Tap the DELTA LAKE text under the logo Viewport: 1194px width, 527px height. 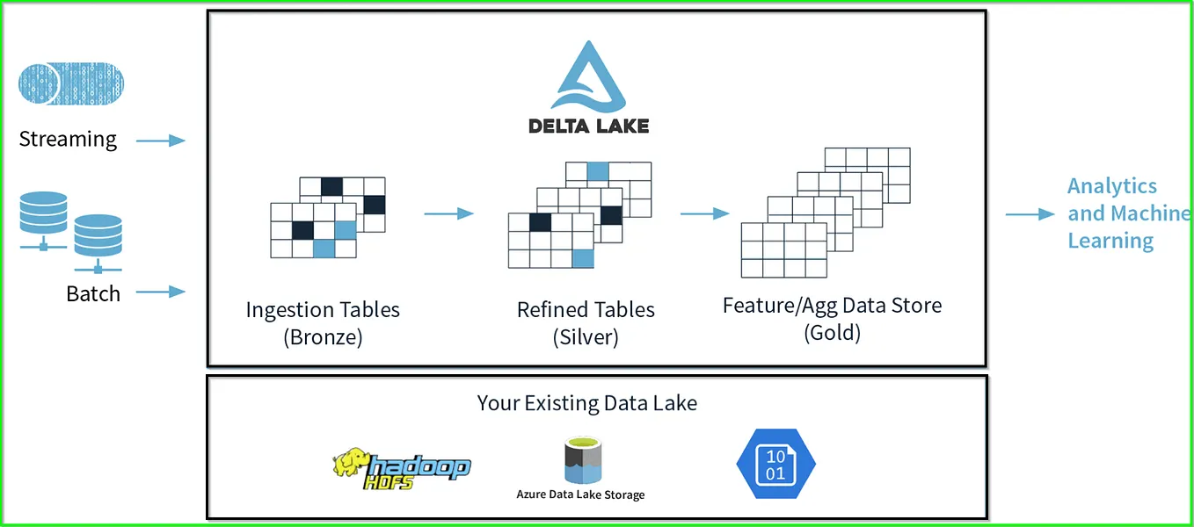(588, 126)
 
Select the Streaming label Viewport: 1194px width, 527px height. (68, 140)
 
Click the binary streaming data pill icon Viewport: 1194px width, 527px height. (70, 84)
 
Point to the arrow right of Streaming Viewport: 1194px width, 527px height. (161, 141)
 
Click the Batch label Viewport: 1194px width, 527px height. (93, 293)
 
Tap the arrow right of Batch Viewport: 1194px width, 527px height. (161, 292)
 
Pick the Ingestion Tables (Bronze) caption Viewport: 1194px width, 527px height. (323, 323)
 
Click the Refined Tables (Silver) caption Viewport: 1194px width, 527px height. (586, 323)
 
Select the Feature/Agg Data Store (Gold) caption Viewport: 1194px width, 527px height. (832, 319)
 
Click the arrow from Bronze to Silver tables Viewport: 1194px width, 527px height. (448, 213)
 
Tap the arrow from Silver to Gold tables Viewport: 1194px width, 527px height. (704, 213)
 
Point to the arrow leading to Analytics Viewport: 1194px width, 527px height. (1030, 214)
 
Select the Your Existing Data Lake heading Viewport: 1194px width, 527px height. (587, 403)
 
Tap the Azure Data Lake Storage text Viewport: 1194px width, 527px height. (580, 495)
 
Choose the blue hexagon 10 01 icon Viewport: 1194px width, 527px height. (775, 465)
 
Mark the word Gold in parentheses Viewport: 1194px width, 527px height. (832, 333)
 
